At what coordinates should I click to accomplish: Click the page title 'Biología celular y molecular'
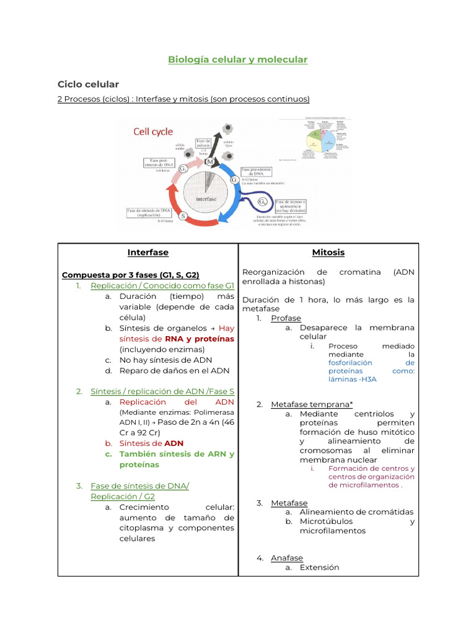[238, 60]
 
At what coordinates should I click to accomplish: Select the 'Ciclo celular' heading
[88, 84]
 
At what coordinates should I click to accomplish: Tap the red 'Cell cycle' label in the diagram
[154, 131]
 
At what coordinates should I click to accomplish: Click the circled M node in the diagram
[210, 162]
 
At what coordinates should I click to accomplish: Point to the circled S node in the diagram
[184, 216]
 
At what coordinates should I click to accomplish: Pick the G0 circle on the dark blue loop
[263, 202]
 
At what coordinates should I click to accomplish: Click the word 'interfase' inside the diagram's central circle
[206, 199]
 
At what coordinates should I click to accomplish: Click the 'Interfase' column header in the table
[148, 252]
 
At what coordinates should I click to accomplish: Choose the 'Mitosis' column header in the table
[328, 252]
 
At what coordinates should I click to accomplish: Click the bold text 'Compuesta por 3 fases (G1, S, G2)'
[130, 275]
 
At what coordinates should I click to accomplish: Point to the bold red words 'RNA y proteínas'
[200, 339]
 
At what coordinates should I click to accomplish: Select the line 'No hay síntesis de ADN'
[165, 360]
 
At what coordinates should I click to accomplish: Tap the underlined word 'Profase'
[286, 318]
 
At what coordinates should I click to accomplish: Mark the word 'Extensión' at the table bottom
[319, 567]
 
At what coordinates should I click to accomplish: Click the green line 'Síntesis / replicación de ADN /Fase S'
[162, 391]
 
